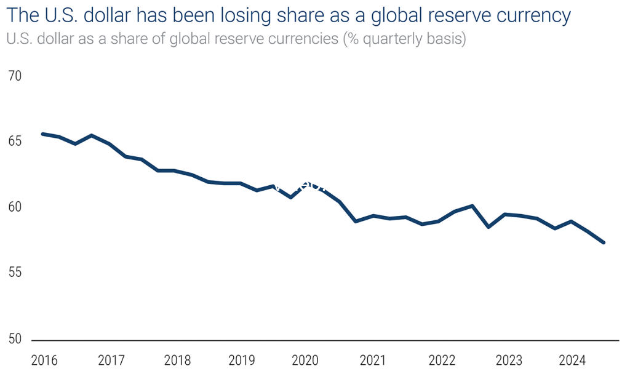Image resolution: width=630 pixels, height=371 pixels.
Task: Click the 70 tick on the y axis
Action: (x=14, y=76)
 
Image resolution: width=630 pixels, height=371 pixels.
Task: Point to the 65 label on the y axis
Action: (x=14, y=142)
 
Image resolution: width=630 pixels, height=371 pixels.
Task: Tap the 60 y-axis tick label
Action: (x=14, y=207)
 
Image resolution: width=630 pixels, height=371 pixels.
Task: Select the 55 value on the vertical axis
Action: (x=14, y=273)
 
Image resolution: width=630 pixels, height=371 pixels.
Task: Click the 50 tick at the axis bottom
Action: (x=14, y=338)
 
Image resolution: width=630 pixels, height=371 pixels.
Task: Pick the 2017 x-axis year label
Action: (x=111, y=359)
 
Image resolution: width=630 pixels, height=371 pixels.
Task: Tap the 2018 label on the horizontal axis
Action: (x=178, y=359)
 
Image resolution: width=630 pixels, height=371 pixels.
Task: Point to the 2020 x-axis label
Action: (x=305, y=359)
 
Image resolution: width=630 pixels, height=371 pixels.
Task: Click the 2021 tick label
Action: (x=373, y=359)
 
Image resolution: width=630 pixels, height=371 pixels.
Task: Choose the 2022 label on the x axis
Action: (x=441, y=359)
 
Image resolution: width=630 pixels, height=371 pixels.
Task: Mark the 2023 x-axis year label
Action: (x=508, y=359)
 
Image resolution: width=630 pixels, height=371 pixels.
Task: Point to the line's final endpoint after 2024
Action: (x=604, y=242)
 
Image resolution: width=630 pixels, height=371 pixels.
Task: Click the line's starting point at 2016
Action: (x=42, y=134)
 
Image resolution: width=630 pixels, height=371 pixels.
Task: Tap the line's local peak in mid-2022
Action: (x=471, y=205)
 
